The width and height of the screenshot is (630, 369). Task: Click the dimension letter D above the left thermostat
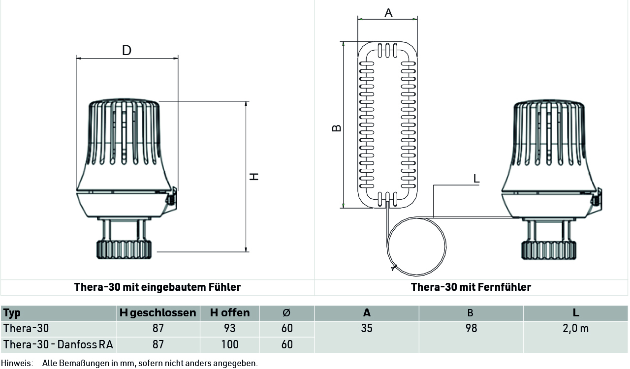pos(126,50)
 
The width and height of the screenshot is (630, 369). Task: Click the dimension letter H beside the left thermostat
pos(254,177)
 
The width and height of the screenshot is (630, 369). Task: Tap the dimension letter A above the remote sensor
pos(388,13)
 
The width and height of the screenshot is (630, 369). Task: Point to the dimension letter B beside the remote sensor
pos(337,128)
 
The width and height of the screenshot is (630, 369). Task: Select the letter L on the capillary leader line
pos(476,179)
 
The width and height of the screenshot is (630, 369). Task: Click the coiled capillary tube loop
pos(446,246)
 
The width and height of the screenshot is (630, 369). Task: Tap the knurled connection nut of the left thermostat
pos(124,249)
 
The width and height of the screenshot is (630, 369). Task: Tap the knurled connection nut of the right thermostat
pos(549,250)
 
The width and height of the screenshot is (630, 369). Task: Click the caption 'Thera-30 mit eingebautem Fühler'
pos(157,287)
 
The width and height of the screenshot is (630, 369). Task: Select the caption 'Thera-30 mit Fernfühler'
pos(471,287)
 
